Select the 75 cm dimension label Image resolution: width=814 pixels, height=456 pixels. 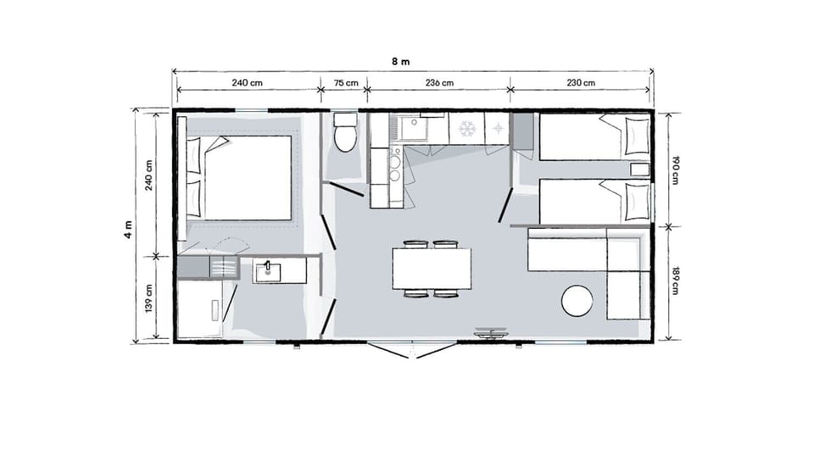tap(345, 83)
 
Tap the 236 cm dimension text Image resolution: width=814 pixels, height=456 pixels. tap(439, 83)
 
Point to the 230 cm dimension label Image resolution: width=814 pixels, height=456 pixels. tap(581, 83)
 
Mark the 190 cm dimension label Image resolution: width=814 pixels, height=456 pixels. tap(676, 169)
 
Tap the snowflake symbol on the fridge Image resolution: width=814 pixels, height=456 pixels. tap(466, 129)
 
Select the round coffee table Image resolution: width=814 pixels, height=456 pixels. tap(578, 300)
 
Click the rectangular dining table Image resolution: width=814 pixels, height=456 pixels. tap(431, 269)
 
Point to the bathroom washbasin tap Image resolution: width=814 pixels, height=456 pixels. tap(268, 265)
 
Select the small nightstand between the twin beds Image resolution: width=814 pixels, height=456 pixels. tap(639, 170)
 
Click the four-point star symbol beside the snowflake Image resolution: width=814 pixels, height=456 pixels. tap(497, 129)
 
